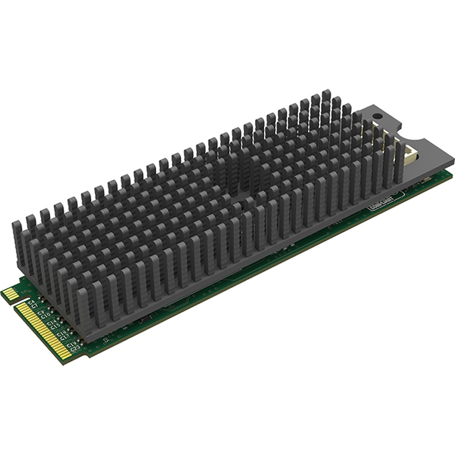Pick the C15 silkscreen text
(54, 328)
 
